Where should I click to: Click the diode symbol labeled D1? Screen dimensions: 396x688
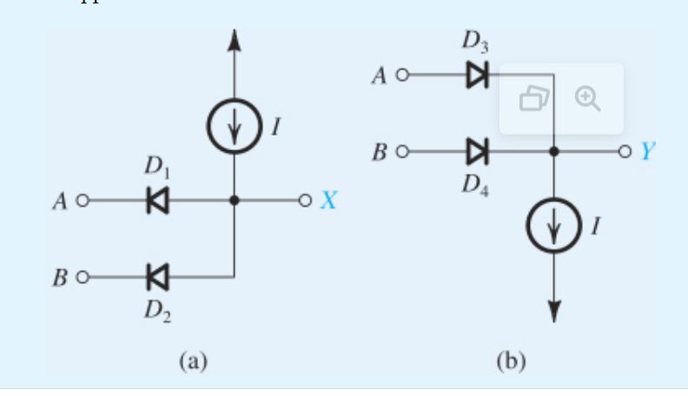[x=158, y=201]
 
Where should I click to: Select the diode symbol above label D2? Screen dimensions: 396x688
[x=158, y=278]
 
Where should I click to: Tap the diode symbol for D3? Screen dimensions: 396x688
[x=477, y=76]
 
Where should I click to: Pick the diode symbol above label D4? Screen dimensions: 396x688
[x=477, y=152]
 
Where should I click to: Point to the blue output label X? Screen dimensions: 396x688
[x=328, y=201]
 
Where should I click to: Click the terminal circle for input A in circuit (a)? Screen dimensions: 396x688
[x=83, y=201]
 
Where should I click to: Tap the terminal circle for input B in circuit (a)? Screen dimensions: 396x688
[x=83, y=278]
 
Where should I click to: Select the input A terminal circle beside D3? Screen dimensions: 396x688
[x=401, y=76]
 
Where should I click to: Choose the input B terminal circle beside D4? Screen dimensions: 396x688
[x=401, y=152]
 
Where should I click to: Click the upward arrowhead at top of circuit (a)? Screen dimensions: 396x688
[x=234, y=38]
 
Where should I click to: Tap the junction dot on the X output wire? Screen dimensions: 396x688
[x=234, y=201]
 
